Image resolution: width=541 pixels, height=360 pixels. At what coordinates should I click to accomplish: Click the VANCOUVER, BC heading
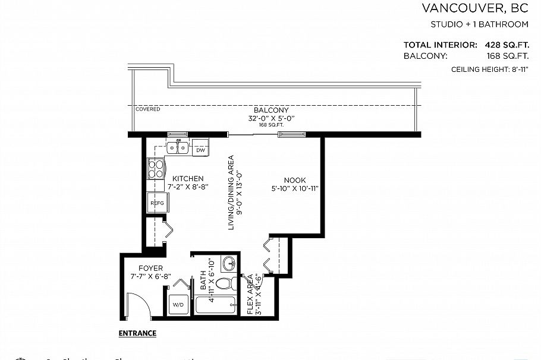tap(474, 8)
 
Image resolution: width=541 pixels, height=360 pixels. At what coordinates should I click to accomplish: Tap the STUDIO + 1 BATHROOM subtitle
tap(479, 25)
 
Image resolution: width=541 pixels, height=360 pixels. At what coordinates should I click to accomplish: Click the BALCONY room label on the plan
tap(271, 110)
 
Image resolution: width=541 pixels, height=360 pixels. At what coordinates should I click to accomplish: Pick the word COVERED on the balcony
tap(147, 109)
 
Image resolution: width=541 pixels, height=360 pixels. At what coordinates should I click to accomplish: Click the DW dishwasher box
tap(200, 150)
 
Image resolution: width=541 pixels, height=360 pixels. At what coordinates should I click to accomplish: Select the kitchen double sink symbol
tap(178, 147)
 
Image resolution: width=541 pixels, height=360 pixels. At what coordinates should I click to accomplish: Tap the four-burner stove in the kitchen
tap(156, 169)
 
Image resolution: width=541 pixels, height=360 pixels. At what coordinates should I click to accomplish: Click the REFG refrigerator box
tap(157, 203)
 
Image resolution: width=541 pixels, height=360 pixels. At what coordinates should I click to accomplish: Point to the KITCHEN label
tap(188, 179)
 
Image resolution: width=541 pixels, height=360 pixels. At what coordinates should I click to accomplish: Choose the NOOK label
tap(294, 181)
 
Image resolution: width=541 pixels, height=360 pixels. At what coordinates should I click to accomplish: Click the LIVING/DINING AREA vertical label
tap(234, 192)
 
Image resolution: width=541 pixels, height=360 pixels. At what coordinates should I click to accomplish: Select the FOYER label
tap(150, 269)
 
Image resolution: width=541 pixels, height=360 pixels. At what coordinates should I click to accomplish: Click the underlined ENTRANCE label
tap(137, 333)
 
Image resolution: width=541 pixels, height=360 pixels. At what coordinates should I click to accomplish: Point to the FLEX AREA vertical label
tap(254, 295)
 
